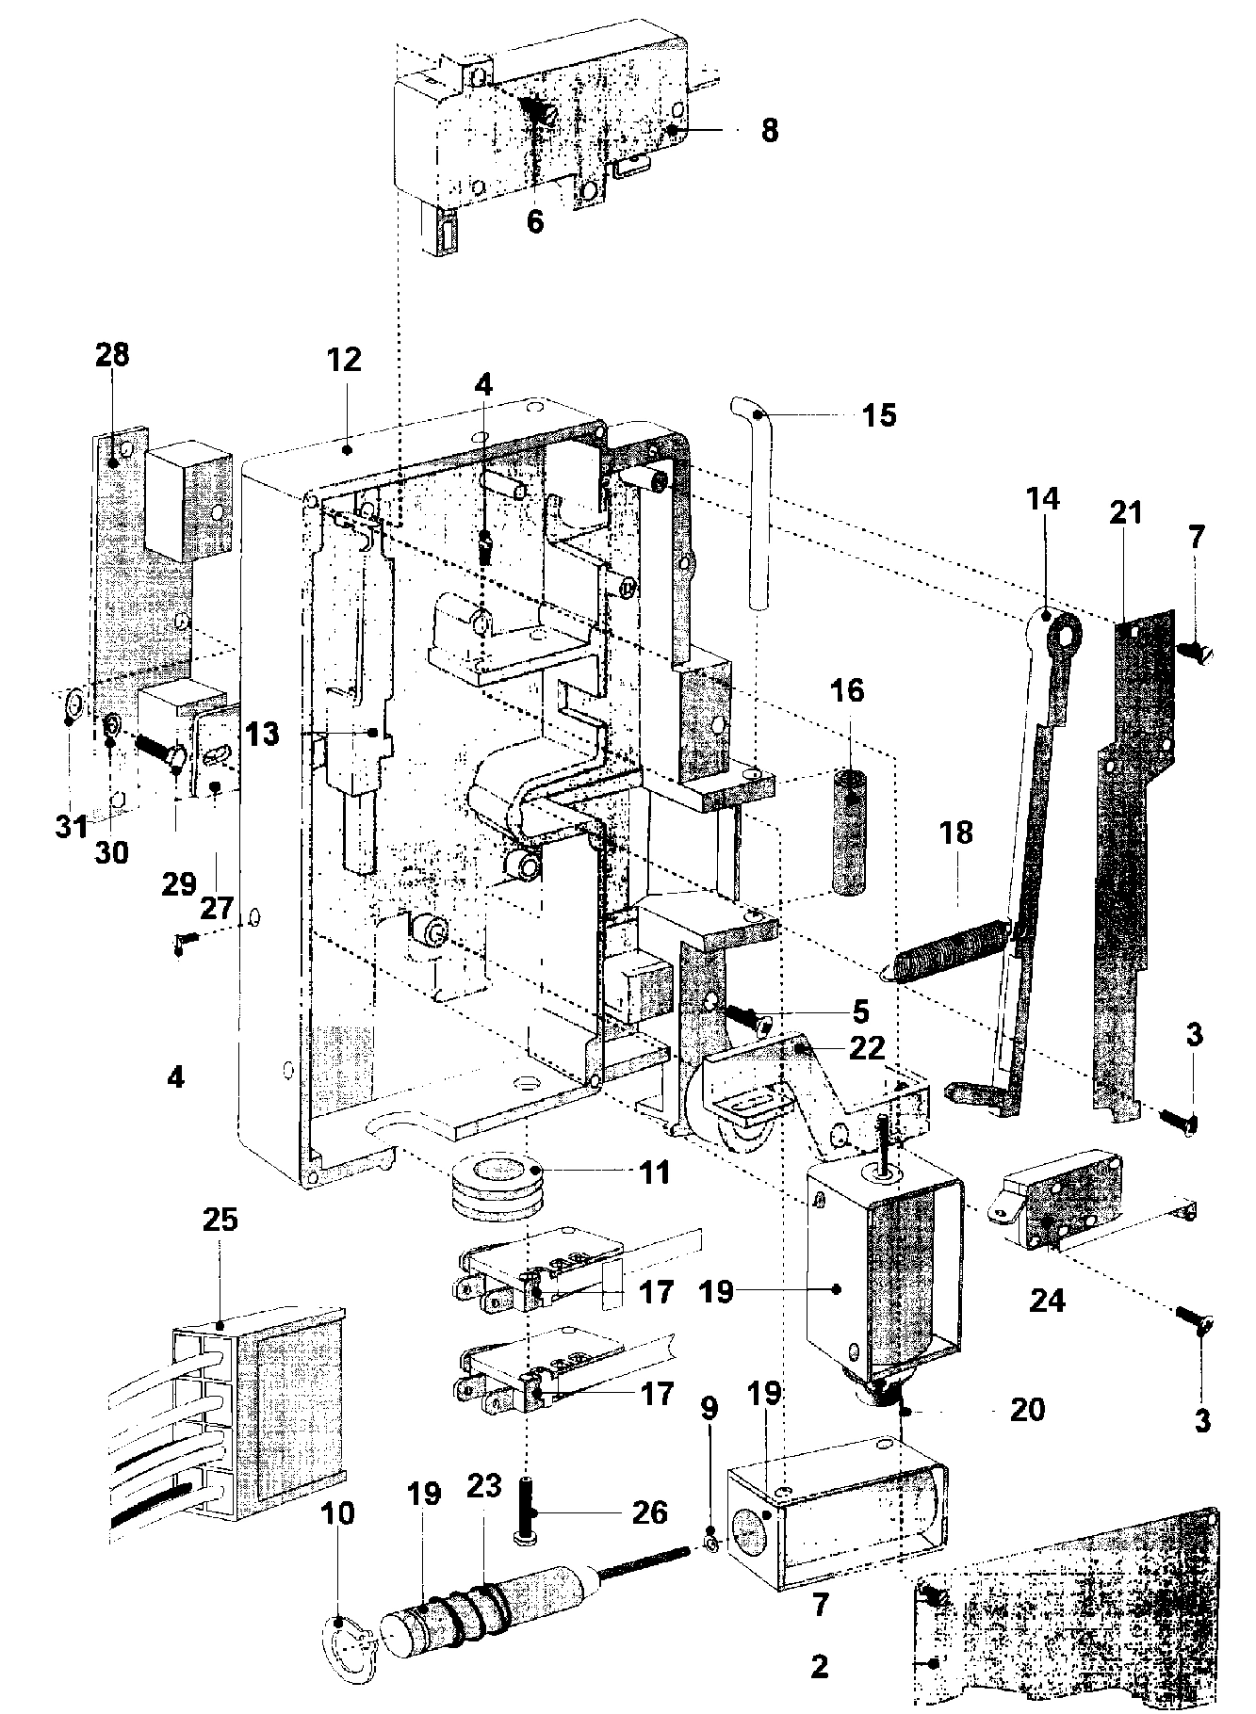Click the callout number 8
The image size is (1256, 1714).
(770, 130)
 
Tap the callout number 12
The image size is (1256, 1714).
(345, 360)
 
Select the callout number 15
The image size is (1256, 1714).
(880, 414)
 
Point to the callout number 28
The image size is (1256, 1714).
(112, 355)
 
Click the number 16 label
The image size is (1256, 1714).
(847, 690)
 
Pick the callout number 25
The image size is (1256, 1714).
(220, 1221)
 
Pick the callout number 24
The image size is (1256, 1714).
(1047, 1301)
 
